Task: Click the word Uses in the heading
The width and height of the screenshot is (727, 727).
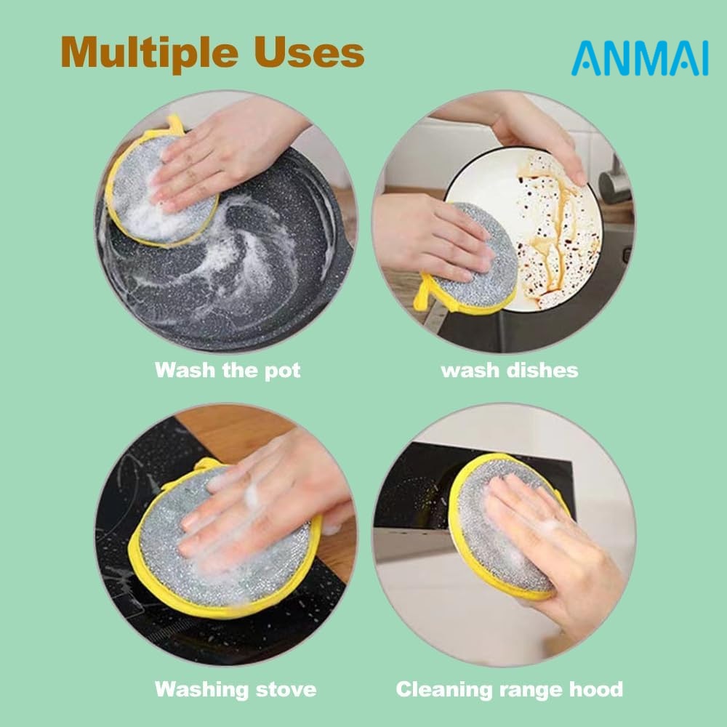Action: (309, 52)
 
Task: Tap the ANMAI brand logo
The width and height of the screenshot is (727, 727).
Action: (640, 58)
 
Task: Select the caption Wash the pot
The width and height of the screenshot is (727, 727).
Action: (228, 371)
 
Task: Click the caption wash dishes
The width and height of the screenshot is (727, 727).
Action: (510, 371)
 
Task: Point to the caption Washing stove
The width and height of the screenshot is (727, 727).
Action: (236, 689)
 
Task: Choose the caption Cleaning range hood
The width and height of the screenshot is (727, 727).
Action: (510, 689)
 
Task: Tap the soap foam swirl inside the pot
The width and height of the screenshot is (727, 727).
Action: (241, 260)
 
